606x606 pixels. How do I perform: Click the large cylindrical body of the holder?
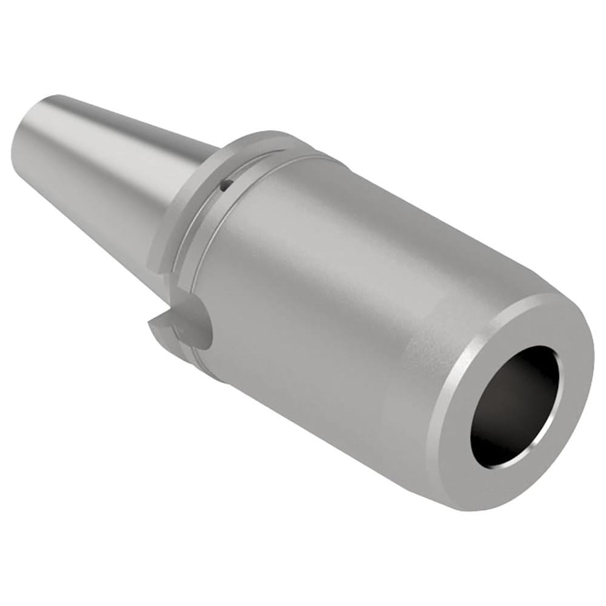(x=339, y=291)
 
